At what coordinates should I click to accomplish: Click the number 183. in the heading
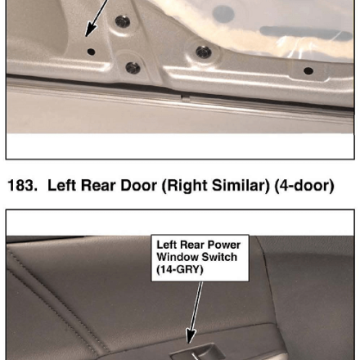coord(22,186)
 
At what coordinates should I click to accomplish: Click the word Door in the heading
coord(138,186)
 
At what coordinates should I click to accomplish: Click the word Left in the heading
coord(61,186)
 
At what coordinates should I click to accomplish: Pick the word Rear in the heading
coord(98,186)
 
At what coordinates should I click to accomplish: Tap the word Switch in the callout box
coord(219,257)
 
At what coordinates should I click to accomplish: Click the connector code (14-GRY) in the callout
coord(180,270)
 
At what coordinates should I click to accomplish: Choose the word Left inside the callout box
coord(167,245)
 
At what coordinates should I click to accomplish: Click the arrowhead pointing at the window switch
coord(190,336)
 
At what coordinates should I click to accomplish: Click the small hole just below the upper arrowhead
coord(91,52)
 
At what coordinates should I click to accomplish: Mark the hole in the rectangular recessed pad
coord(308,71)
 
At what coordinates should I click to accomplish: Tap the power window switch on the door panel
coord(198,352)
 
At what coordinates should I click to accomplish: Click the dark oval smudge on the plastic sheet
coord(223,14)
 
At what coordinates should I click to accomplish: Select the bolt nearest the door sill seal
coord(133,68)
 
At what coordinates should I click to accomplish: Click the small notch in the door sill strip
coord(186,98)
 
